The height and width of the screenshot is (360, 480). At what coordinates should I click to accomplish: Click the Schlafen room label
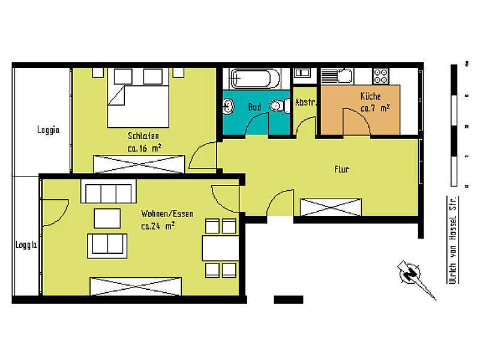tap(143, 135)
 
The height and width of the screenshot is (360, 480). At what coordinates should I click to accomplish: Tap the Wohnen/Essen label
tap(167, 214)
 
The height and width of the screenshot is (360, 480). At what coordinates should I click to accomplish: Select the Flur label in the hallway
tap(341, 170)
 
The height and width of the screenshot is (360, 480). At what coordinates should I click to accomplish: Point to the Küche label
tap(370, 96)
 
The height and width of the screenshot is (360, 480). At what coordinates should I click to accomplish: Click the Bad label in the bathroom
tap(254, 107)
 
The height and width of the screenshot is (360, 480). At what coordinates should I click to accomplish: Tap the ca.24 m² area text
tap(158, 226)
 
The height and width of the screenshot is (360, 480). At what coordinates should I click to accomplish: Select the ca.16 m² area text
tap(143, 148)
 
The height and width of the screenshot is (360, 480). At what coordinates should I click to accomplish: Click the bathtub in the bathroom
tap(256, 78)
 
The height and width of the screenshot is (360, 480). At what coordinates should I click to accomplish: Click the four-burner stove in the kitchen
tap(381, 76)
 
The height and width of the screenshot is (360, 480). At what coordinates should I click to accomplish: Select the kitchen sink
tap(337, 76)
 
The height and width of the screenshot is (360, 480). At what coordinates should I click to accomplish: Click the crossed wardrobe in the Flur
tap(331, 207)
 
